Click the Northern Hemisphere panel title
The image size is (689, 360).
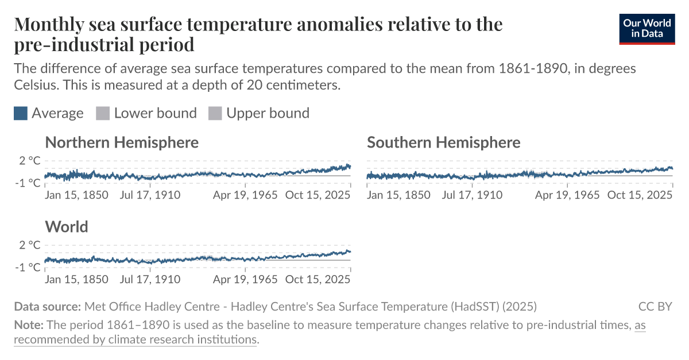(x=122, y=142)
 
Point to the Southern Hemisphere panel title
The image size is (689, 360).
(x=443, y=142)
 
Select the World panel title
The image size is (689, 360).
(x=67, y=227)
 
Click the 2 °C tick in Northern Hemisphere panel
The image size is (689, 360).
(x=30, y=161)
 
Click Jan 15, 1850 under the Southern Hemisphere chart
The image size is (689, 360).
(x=398, y=195)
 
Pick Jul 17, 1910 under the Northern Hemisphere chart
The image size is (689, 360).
(x=150, y=195)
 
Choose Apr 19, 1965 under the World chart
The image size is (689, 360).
(x=245, y=280)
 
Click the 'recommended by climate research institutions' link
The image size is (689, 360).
(x=136, y=339)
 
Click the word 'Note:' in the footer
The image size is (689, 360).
(x=28, y=326)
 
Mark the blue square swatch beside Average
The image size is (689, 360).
(x=21, y=113)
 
